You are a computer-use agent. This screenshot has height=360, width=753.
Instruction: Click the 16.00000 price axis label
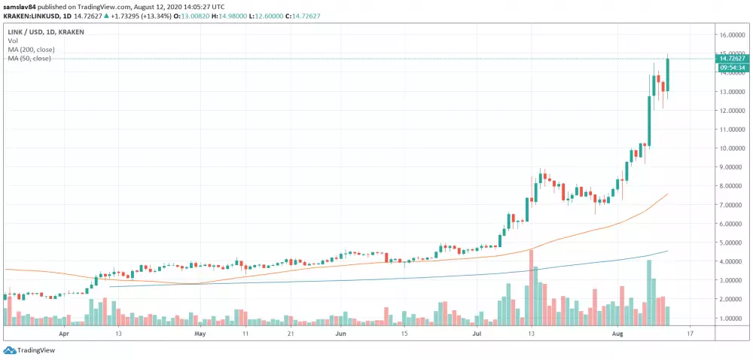pos(732,35)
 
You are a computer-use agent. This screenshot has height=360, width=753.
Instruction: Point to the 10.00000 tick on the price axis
pos(732,148)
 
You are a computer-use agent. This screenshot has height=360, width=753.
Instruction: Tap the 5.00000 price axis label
pos(732,243)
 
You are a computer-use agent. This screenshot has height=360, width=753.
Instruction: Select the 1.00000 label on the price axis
pos(732,318)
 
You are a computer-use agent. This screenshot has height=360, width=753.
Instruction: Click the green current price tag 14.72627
pos(732,58)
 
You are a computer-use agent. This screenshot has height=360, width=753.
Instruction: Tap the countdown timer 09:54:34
pos(732,68)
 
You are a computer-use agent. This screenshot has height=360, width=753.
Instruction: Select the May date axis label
pos(200,331)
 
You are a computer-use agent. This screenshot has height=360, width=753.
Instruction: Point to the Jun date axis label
pos(340,331)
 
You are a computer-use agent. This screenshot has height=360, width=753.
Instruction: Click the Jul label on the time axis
pos(477,331)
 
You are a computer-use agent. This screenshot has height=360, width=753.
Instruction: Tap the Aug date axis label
pos(617,331)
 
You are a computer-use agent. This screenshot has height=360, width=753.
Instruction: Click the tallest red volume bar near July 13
pos(531,286)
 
